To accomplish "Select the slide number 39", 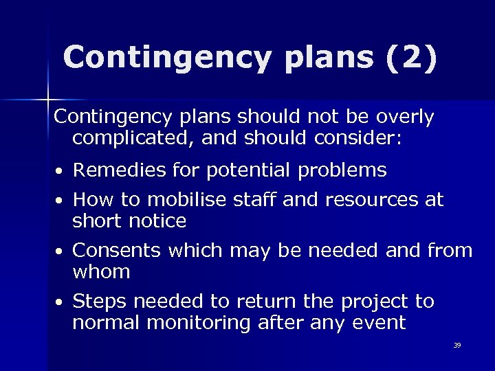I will pos(457,345).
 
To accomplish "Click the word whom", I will pos(101,272).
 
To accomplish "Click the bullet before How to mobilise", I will pos(61,201).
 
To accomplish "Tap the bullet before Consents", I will pos(61,252).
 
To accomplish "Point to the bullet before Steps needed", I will pos(61,303).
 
